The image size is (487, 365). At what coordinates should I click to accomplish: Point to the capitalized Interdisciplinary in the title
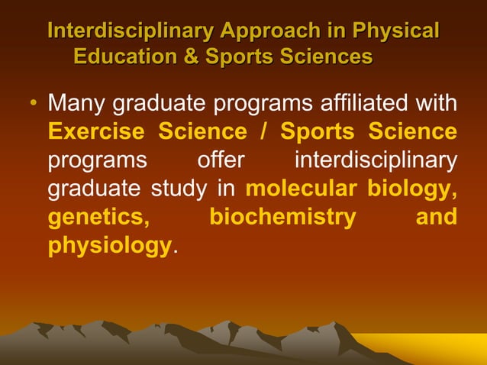[130, 31]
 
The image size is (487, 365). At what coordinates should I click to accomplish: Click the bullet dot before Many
[34, 104]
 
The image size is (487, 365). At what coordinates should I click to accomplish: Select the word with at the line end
[438, 103]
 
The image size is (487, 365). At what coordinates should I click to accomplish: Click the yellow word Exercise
[96, 131]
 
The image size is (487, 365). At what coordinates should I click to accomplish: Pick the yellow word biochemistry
[282, 217]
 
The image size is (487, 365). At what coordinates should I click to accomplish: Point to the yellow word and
[436, 217]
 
